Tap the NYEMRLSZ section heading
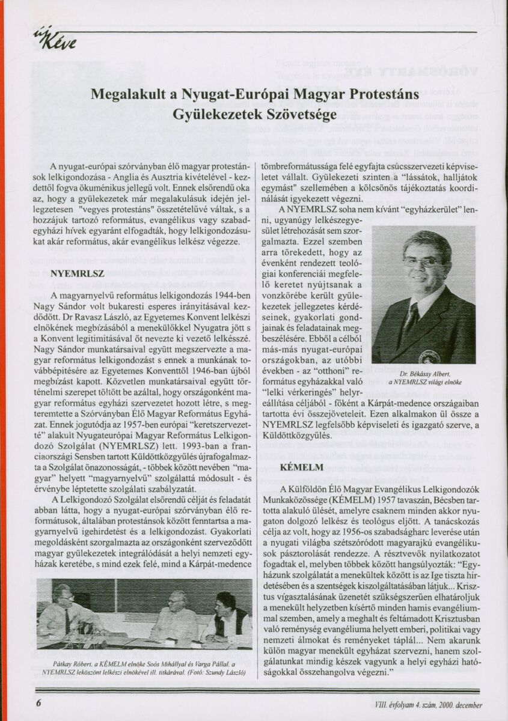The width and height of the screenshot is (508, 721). point(78,273)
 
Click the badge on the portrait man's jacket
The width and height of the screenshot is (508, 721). point(429,355)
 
